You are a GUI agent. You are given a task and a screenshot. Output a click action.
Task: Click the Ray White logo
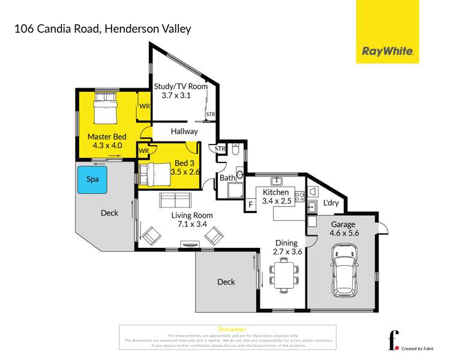point(388,52)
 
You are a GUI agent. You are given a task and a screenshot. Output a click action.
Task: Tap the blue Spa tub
point(93,179)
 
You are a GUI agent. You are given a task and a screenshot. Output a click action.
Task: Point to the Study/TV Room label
point(181,86)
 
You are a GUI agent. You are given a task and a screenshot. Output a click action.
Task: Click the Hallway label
point(184,131)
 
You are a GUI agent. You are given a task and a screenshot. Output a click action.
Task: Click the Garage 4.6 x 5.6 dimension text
point(343,229)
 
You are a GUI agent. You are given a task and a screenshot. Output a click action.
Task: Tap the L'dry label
point(331,203)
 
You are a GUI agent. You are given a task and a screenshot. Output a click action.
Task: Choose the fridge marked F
point(250,205)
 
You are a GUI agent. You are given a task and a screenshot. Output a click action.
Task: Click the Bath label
point(227,178)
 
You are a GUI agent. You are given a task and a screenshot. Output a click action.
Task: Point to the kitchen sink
point(277,181)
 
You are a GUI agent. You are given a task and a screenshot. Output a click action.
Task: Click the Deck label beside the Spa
point(109,212)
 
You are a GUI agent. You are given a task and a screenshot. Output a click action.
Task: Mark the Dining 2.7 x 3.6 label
point(287,247)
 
